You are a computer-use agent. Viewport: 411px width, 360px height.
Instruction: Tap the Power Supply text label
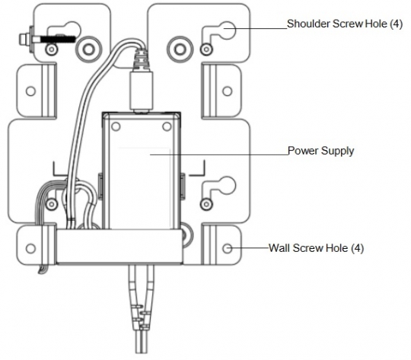[x=320, y=151]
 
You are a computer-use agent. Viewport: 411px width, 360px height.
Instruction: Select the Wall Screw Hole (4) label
[x=311, y=248]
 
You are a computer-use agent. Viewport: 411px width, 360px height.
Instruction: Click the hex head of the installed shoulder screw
[x=27, y=36]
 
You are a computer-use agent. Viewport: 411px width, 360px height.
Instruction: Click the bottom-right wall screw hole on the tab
[x=228, y=248]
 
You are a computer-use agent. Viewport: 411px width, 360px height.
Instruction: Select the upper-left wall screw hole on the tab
[x=30, y=91]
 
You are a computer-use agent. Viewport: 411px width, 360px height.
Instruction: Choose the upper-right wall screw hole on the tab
[x=228, y=91]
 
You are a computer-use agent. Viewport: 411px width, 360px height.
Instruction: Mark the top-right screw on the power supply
[x=167, y=125]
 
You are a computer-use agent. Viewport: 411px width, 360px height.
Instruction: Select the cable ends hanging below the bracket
[x=141, y=312]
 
